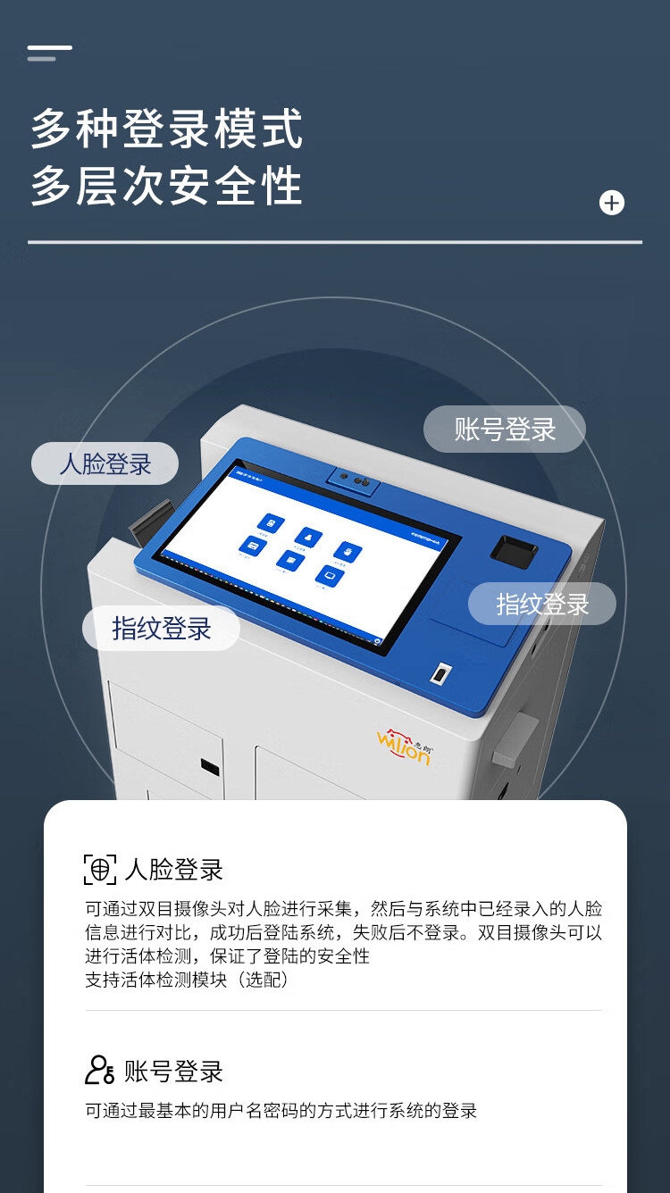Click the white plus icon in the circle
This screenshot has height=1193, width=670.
point(612,204)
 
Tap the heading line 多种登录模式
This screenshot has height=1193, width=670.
point(167,129)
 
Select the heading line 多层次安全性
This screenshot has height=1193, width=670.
point(167,187)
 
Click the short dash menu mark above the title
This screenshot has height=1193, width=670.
point(49,53)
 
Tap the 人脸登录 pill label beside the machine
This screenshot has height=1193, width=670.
point(105,464)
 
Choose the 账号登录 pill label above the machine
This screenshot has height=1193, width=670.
point(505,429)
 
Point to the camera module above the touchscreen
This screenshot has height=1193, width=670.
point(354,480)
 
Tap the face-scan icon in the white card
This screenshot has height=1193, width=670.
point(100,869)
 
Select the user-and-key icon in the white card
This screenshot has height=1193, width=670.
point(100,1070)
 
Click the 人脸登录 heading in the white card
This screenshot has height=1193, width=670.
point(174,869)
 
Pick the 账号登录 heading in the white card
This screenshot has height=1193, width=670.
point(174,1071)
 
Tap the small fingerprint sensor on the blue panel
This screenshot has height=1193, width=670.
point(440,673)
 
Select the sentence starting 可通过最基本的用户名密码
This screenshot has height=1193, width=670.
point(281,1111)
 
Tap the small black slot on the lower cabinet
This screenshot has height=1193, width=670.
point(210,766)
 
